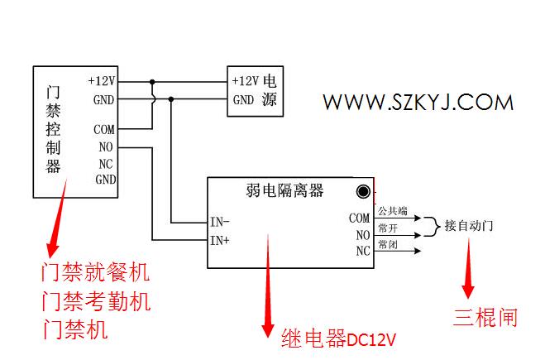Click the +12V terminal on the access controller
click(102, 81)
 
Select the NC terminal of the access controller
click(106, 164)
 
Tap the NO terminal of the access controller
click(106, 146)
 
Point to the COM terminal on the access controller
click(104, 129)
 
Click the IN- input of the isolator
click(220, 222)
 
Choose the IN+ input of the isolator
click(220, 240)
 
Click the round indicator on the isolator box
click(363, 192)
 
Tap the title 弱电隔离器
click(284, 190)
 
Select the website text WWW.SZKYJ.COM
click(418, 103)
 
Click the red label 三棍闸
click(485, 317)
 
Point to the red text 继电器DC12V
click(338, 338)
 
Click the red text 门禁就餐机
click(96, 271)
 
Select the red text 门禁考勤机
click(96, 301)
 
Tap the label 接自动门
click(469, 226)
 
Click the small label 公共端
click(393, 210)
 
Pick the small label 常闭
click(388, 244)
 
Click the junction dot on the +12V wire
click(152, 82)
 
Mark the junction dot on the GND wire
click(170, 99)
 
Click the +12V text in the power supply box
click(246, 81)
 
